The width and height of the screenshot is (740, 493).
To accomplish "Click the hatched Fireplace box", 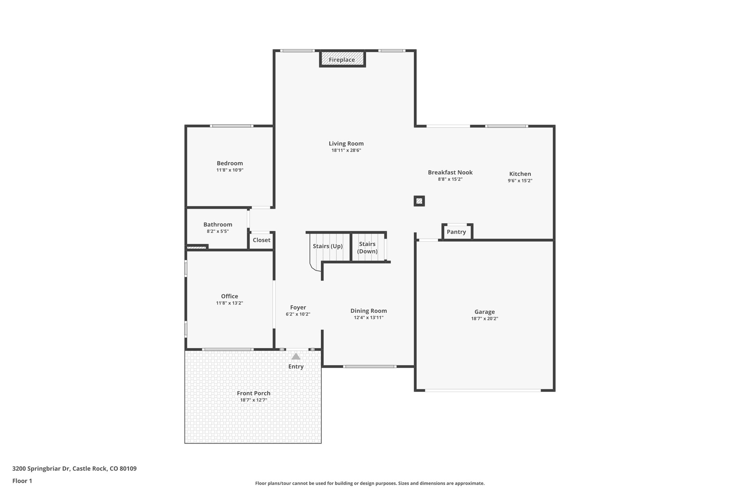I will (x=342, y=59).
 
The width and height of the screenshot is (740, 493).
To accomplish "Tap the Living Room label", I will (x=346, y=143).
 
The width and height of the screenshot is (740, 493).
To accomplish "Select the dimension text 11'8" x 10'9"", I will (x=230, y=170).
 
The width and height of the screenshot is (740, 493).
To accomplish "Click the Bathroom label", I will (x=218, y=224).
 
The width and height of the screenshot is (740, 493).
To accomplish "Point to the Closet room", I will (x=261, y=240).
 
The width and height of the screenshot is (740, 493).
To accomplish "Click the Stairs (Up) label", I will (x=327, y=246).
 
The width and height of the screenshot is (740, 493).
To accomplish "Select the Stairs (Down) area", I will (x=367, y=248).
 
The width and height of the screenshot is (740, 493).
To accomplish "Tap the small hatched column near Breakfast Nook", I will (x=419, y=201).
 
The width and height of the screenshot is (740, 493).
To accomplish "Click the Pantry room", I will (x=456, y=232).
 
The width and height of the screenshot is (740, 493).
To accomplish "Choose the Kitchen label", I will (x=520, y=174).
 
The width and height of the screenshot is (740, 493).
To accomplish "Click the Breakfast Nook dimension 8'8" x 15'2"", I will (x=450, y=179).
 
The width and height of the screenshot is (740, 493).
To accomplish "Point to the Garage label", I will (x=485, y=312).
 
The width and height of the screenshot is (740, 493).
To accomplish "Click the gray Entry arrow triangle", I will (x=296, y=356).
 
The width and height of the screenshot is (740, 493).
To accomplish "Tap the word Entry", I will (x=296, y=367).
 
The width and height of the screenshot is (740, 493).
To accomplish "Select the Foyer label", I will (x=298, y=307).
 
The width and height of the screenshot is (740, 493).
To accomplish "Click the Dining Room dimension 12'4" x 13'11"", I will (x=369, y=318).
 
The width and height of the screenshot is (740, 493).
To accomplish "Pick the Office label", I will (x=229, y=296).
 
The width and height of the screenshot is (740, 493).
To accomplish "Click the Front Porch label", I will (x=253, y=393).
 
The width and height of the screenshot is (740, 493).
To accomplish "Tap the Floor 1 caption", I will (x=22, y=481).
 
